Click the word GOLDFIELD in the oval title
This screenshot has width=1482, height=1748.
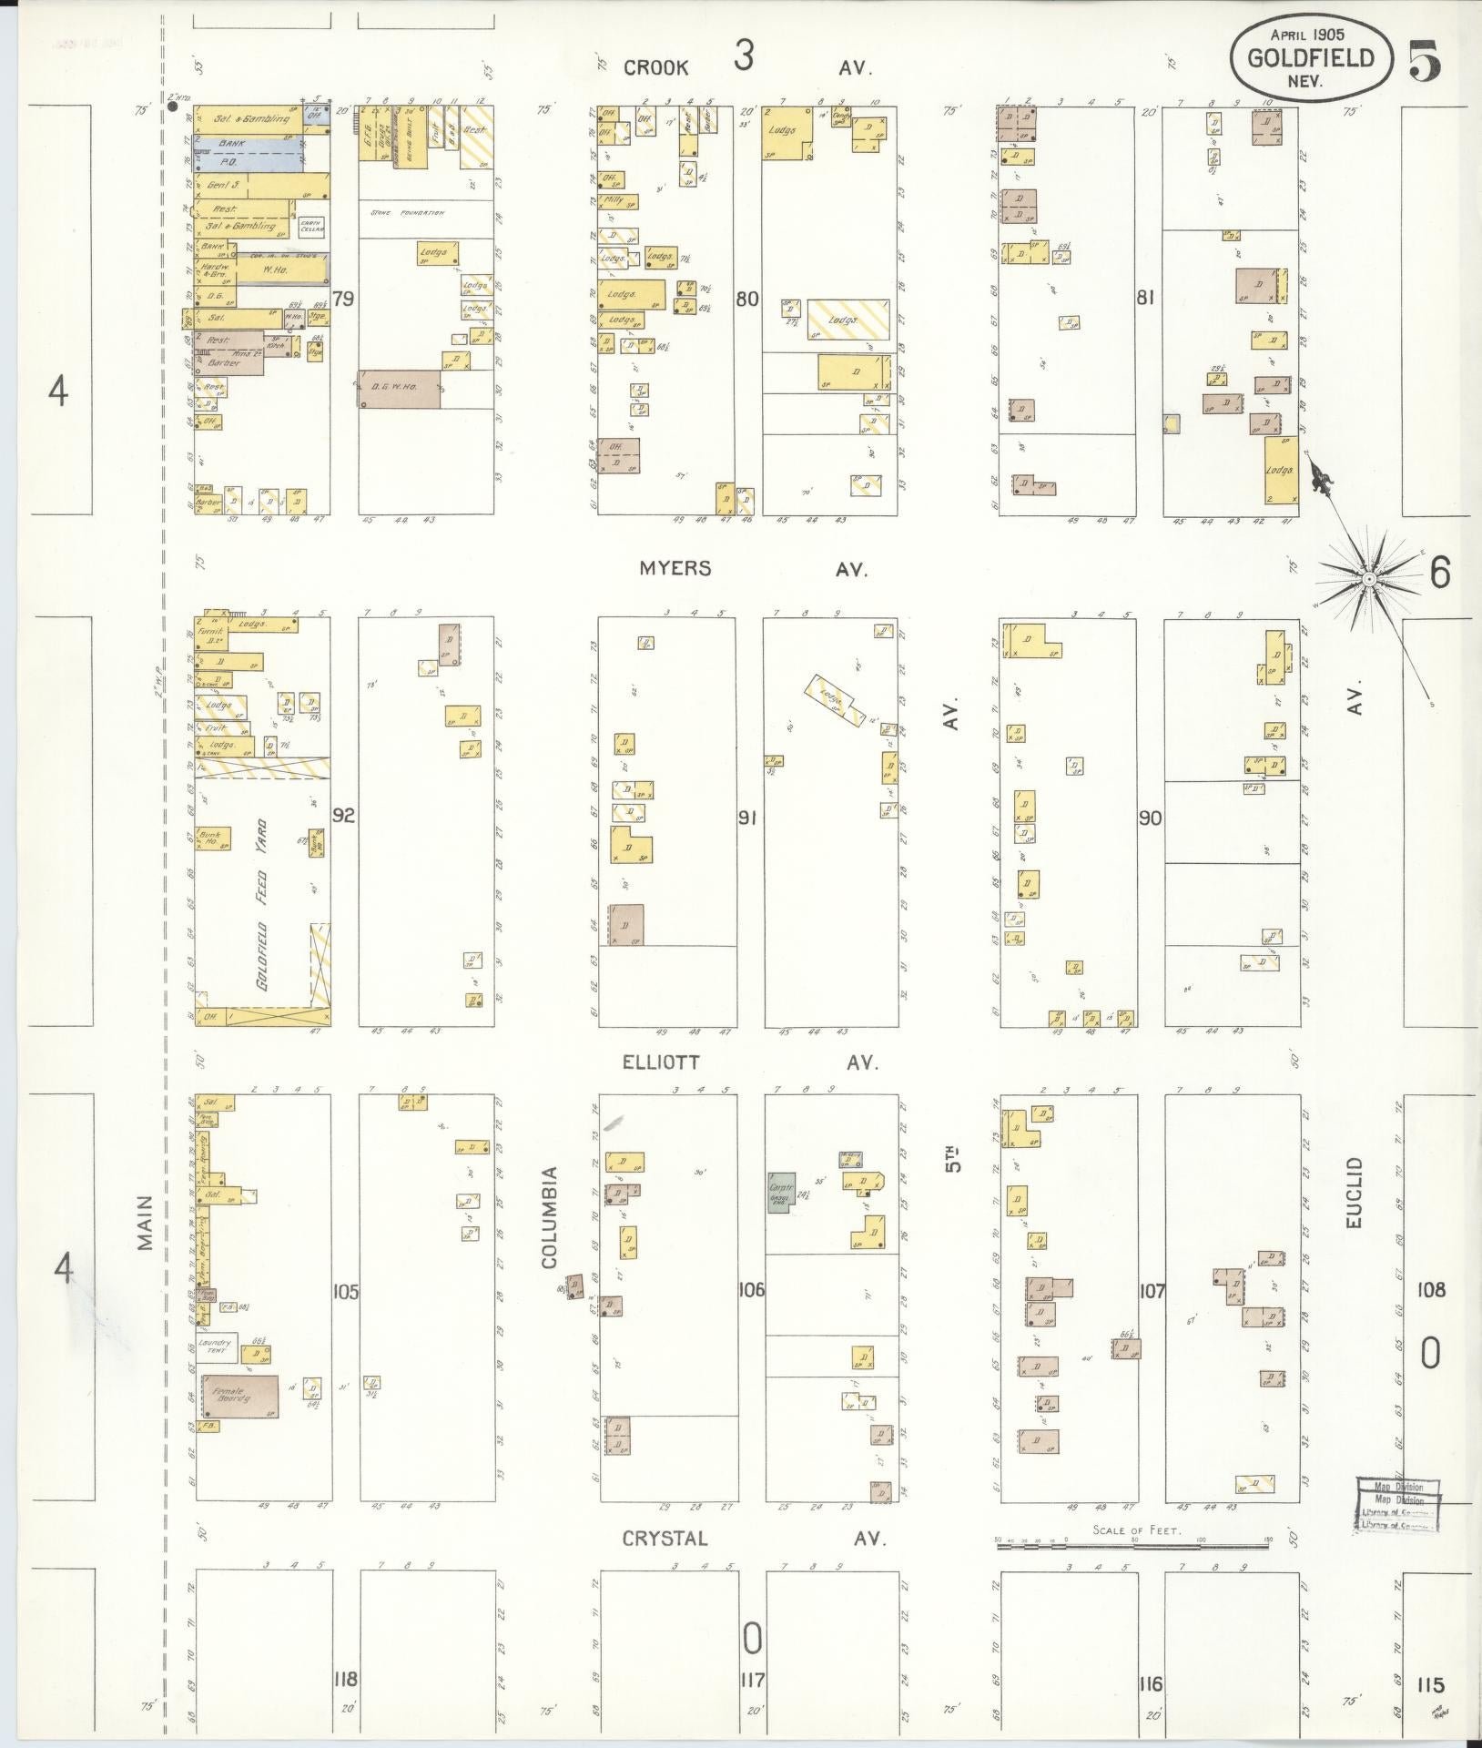pyautogui.click(x=1311, y=59)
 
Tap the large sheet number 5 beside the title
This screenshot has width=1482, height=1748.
pyautogui.click(x=1425, y=61)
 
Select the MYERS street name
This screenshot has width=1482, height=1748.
pyautogui.click(x=675, y=568)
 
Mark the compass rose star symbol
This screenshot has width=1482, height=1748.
pyautogui.click(x=1368, y=578)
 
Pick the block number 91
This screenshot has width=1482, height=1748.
pyautogui.click(x=748, y=818)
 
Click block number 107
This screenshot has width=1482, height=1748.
pyautogui.click(x=1152, y=1290)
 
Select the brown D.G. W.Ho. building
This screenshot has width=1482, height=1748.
pyautogui.click(x=400, y=389)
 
